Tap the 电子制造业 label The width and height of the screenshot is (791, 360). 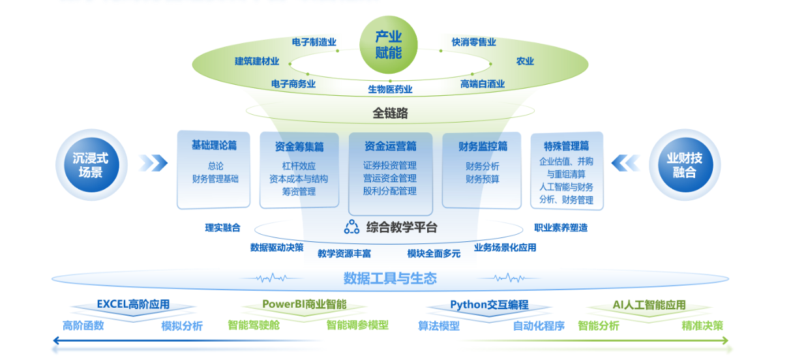(314, 42)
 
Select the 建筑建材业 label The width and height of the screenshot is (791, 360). (257, 61)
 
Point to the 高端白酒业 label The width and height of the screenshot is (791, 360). (483, 84)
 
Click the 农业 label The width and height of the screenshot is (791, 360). (525, 61)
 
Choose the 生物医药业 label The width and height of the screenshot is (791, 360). (390, 89)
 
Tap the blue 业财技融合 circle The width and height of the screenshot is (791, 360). (684, 165)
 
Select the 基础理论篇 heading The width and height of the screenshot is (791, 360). (214, 145)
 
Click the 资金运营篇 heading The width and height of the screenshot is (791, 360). (390, 145)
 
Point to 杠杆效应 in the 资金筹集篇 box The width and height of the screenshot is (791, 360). (299, 166)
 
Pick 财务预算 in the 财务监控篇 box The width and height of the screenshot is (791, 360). (483, 179)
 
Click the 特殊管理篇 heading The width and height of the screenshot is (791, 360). (566, 145)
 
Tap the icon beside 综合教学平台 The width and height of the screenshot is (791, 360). (351, 227)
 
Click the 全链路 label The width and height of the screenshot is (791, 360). (390, 113)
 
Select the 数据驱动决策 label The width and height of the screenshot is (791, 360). (276, 247)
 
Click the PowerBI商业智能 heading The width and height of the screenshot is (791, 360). (305, 305)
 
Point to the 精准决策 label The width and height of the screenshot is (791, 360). (702, 325)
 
